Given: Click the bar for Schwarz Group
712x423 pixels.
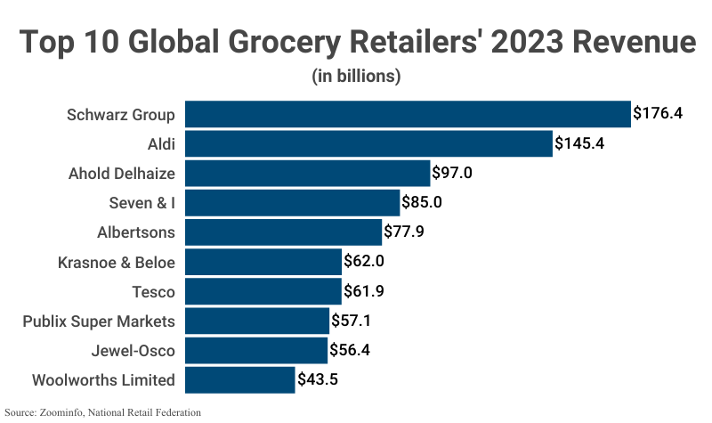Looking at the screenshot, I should tap(407, 114).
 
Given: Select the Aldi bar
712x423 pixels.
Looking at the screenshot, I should tap(368, 143).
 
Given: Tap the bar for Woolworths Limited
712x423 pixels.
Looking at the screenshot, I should tap(239, 379).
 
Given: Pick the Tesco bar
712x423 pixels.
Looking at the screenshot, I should tap(263, 291).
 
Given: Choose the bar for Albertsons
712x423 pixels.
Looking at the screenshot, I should tap(283, 232).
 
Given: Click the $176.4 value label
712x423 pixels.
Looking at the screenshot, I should tap(657, 114).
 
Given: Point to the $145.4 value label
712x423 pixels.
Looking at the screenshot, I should tap(579, 143).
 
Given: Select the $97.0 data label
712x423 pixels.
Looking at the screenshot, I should tap(452, 173).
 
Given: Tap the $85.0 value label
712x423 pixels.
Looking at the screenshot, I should tap(422, 202).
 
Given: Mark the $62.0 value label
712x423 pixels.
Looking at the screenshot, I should tap(364, 262).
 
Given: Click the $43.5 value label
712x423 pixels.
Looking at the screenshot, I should tap(317, 379).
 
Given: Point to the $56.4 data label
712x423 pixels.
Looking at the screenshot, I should tap(350, 350).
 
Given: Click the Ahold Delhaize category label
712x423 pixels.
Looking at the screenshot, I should tap(122, 173).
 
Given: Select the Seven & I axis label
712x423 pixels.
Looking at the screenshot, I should tap(141, 202).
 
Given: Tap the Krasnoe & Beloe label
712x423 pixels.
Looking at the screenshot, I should tap(116, 262).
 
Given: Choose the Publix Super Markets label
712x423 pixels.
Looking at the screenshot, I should tap(99, 321).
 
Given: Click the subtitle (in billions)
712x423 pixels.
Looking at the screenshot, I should tap(356, 76).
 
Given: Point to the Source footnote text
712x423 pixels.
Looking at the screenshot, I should tap(103, 412).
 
